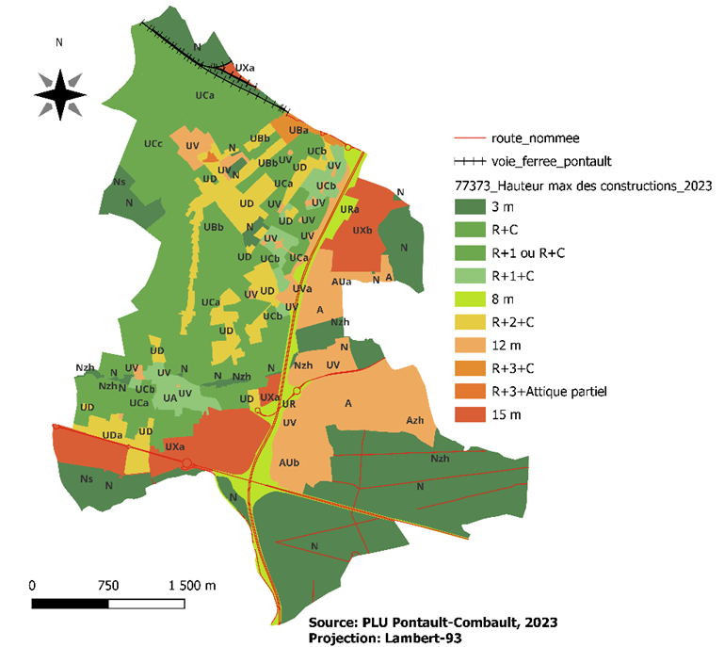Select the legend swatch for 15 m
click(x=470, y=413)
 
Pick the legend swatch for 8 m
click(x=470, y=299)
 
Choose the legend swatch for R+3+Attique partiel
click(x=470, y=390)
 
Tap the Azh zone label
click(x=416, y=420)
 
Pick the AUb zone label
click(x=290, y=462)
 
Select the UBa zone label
click(x=299, y=130)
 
